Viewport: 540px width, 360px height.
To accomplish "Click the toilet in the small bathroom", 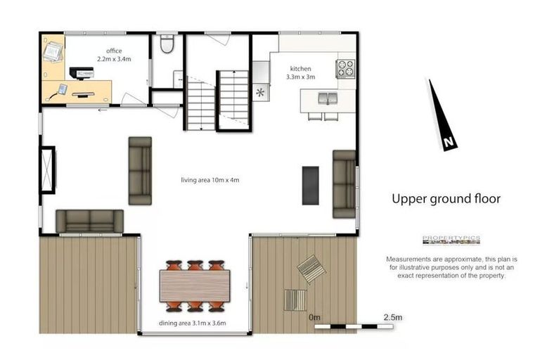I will (167, 45).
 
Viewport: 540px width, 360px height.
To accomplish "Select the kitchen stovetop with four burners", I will (345, 68).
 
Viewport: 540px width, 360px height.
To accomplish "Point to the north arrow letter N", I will (448, 143).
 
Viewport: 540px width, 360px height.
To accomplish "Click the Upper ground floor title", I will (446, 199).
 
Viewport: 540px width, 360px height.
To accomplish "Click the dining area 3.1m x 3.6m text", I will (192, 324).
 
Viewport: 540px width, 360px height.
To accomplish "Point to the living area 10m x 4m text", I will (210, 181).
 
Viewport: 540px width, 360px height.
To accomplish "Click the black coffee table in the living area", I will (310, 186).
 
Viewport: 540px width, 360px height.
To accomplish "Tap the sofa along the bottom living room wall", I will (89, 221).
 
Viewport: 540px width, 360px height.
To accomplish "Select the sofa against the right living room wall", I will (344, 183).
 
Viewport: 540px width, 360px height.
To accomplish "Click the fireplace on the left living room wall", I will (47, 169).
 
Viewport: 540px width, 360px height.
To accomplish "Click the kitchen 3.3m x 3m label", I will (300, 72).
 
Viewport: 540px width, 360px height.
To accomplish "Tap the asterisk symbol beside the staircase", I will (261, 92).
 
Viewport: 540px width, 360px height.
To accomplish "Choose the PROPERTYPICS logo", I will (451, 240).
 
